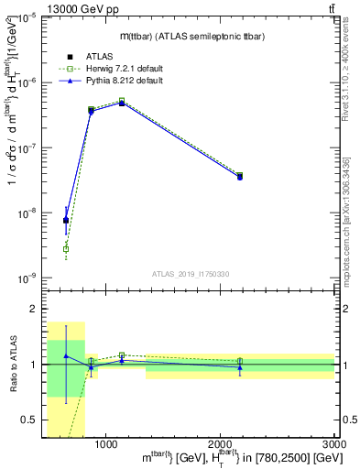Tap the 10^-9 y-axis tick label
tap(27, 278)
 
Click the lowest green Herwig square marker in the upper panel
tap(66, 249)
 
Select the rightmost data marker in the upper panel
tap(240, 176)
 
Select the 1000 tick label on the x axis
tap(106, 443)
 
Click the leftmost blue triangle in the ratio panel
tap(66, 355)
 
